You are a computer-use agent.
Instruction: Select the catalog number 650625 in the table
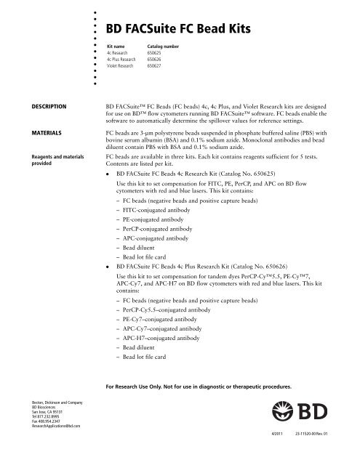coord(147,54)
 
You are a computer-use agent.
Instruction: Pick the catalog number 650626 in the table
coord(147,60)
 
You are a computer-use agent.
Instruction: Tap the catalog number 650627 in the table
coord(147,67)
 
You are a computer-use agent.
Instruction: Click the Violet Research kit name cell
coord(119,67)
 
